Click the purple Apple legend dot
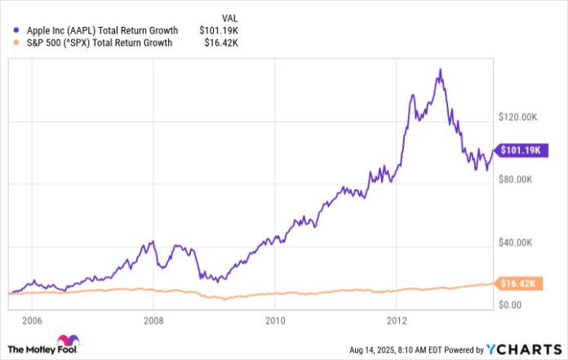tap(11, 31)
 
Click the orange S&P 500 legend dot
tap(11, 43)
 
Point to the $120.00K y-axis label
tap(519, 118)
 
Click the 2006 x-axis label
tap(33, 319)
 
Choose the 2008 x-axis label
tap(153, 319)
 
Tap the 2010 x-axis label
tap(275, 319)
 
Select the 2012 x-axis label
tap(397, 319)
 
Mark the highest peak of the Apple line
tap(441, 70)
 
